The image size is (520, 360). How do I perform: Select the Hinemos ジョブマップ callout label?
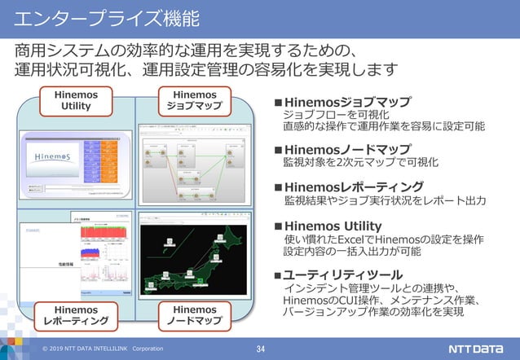point(195,100)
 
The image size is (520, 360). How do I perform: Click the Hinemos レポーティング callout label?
point(75,315)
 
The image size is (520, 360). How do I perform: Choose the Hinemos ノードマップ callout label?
point(195,315)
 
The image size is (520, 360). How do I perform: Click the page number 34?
point(261,349)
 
